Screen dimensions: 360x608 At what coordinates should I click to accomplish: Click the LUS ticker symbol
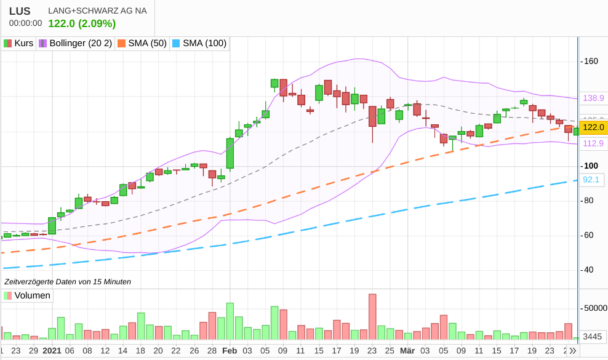click(x=20, y=10)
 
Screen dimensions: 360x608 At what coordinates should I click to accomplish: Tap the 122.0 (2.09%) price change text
click(x=82, y=23)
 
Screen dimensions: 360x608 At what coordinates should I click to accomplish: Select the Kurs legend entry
click(x=18, y=43)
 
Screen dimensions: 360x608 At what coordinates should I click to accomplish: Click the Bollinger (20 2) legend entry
click(x=76, y=43)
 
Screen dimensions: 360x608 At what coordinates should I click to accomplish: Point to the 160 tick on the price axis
click(x=591, y=62)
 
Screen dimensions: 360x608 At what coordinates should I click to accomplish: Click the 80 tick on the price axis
click(x=589, y=200)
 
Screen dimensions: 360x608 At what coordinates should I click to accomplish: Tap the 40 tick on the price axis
click(x=589, y=270)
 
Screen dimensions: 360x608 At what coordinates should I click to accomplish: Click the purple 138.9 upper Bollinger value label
click(x=593, y=98)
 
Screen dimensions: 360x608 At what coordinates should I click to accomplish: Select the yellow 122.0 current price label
click(x=593, y=127)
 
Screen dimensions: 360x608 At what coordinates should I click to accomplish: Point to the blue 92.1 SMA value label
click(x=591, y=180)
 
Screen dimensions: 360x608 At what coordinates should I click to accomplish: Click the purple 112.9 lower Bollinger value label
click(x=593, y=143)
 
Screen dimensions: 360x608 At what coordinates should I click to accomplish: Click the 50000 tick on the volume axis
click(x=594, y=308)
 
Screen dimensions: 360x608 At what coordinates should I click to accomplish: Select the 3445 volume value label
click(x=593, y=336)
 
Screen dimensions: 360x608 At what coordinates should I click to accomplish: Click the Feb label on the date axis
click(x=230, y=351)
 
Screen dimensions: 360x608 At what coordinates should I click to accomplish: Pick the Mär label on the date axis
click(x=407, y=351)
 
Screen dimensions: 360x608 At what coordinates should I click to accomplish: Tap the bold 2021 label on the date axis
click(x=52, y=351)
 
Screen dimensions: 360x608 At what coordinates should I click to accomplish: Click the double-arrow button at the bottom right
click(x=572, y=351)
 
